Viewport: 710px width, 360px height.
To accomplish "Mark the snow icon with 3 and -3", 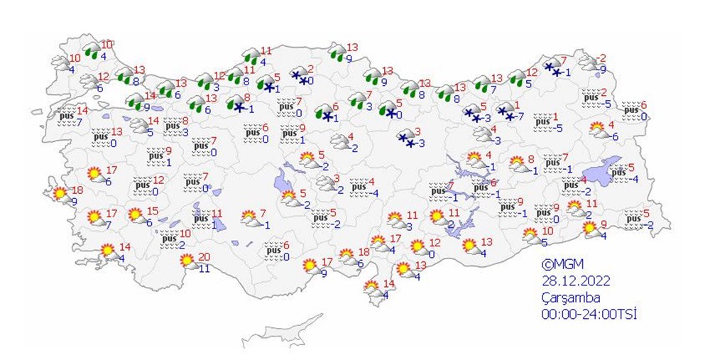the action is [407, 138].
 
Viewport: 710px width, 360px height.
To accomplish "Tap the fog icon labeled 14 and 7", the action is [67, 116].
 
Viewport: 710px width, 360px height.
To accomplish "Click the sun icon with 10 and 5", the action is [530, 235].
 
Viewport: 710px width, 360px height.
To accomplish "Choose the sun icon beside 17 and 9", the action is [310, 266].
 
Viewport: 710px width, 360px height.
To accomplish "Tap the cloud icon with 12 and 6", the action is [89, 81].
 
